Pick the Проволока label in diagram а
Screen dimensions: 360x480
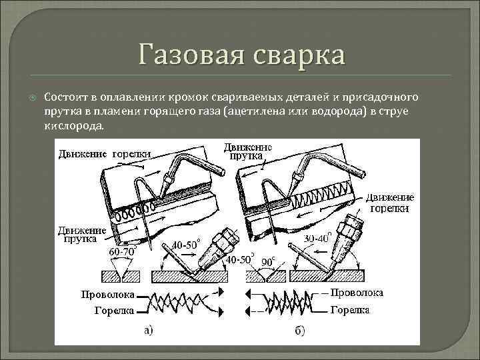[107, 294]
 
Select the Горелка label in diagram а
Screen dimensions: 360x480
[114, 310]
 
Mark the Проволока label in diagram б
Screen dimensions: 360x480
[357, 293]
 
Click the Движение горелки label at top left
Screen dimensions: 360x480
[103, 153]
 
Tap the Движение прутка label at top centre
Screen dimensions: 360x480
[246, 151]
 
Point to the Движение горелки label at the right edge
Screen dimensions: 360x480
[389, 203]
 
